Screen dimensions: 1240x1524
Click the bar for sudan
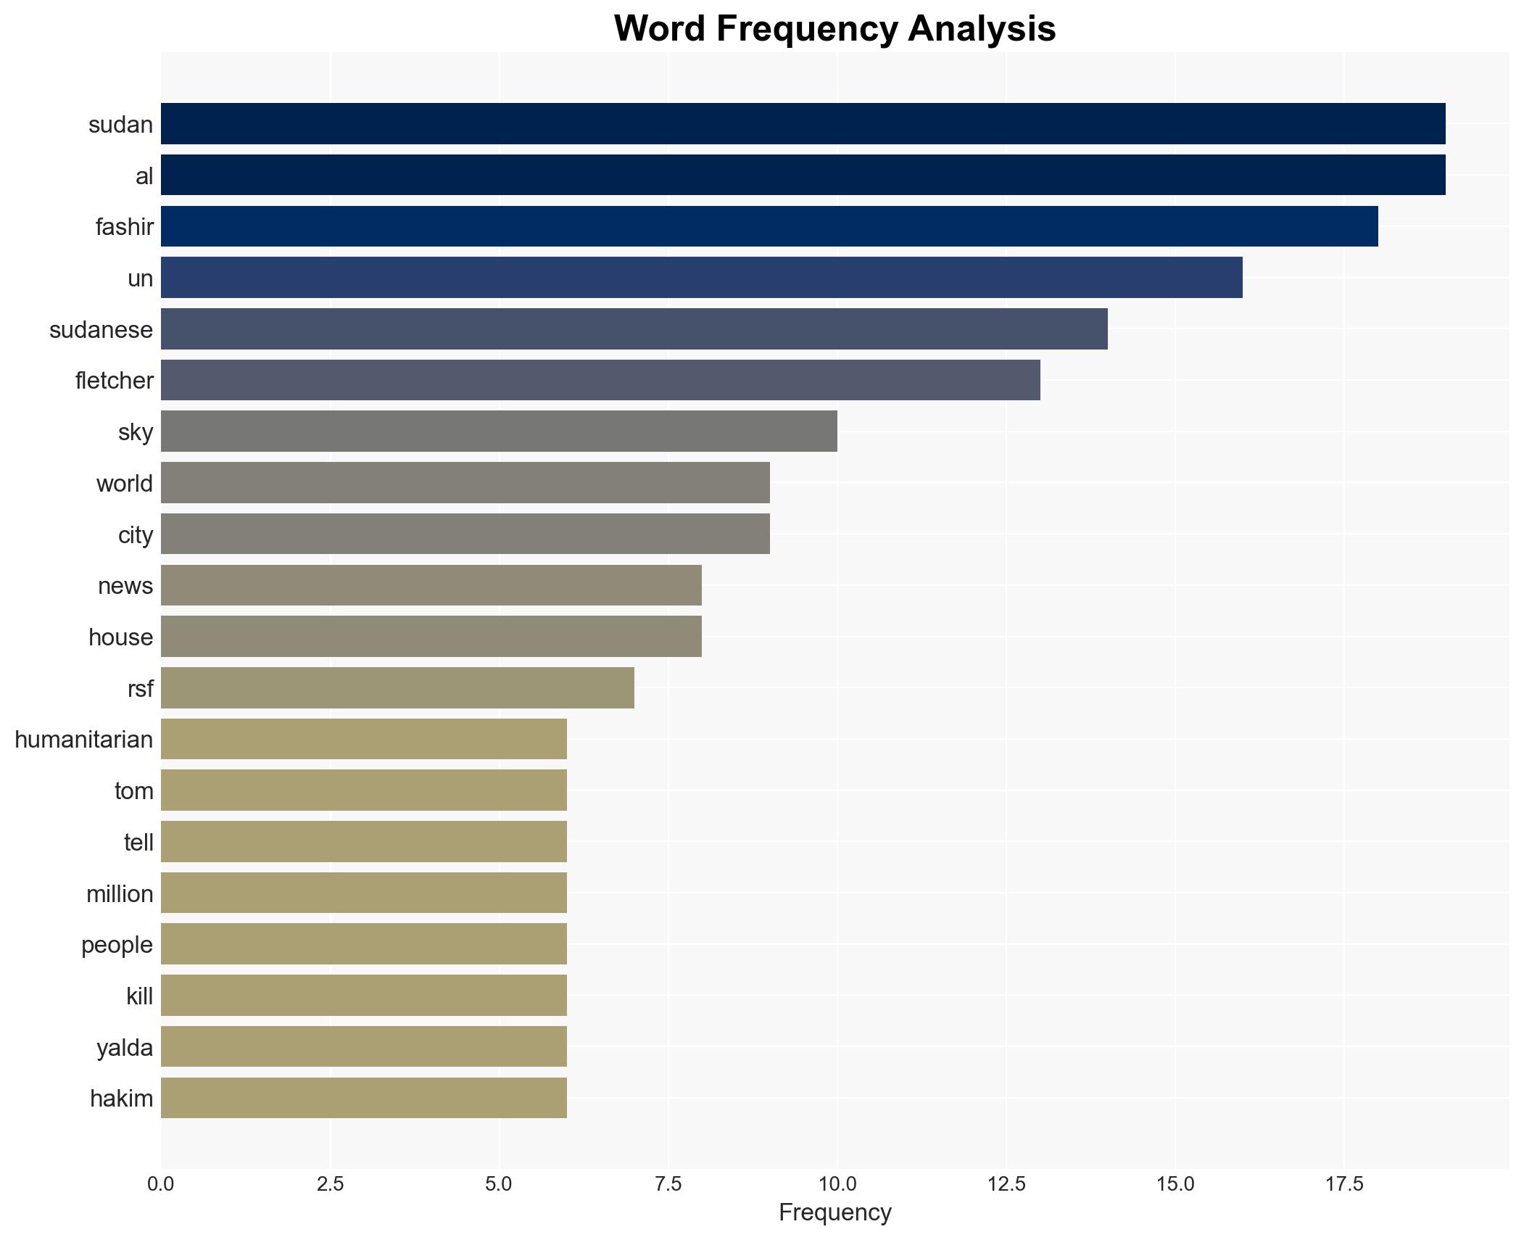803,124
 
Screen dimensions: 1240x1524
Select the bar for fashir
769,226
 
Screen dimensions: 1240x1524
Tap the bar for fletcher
600,380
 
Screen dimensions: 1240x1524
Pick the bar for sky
499,431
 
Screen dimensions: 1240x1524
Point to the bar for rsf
397,687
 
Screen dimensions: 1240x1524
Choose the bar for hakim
363,1098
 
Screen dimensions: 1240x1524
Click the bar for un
701,278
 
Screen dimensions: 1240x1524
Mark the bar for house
431,637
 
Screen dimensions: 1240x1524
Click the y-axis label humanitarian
84,740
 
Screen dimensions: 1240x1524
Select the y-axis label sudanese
102,330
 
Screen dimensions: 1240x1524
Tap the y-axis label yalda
125,1048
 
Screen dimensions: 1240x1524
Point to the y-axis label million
120,894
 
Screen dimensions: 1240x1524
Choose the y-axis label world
125,484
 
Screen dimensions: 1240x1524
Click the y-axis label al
144,176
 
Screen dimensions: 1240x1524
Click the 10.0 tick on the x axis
837,1184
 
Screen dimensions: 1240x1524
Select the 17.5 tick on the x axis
1344,1184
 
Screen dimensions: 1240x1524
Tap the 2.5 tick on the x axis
330,1184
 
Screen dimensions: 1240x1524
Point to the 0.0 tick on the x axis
161,1184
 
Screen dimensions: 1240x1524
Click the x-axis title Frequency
835,1212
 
